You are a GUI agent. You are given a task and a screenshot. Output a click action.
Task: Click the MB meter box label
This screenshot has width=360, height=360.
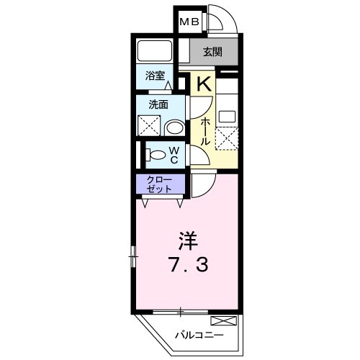tap(189, 22)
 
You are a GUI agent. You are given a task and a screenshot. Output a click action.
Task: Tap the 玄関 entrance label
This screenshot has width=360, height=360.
tap(212, 52)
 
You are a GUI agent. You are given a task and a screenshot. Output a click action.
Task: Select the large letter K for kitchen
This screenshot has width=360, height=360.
tap(204, 84)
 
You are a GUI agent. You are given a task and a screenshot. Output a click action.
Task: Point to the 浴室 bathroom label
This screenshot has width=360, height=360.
tap(155, 76)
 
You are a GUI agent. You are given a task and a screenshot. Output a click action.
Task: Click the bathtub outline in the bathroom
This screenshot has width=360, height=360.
tap(155, 51)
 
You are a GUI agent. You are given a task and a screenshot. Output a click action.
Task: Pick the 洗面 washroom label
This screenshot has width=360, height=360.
tap(158, 104)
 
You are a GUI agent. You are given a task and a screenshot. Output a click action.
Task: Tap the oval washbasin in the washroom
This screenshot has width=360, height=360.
tap(175, 127)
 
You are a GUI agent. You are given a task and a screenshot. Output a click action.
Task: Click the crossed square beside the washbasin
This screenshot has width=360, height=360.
tap(149, 126)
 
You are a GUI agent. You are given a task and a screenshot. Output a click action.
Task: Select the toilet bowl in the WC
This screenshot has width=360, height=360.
tap(156, 155)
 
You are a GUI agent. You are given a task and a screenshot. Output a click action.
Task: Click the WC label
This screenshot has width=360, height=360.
tap(174, 155)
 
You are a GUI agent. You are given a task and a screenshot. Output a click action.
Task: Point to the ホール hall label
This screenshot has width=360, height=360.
tap(205, 132)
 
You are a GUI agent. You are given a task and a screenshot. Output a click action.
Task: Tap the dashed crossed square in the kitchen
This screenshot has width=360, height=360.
tap(227, 139)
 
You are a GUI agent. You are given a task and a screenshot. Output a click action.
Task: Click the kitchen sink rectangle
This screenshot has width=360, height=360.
tap(227, 116)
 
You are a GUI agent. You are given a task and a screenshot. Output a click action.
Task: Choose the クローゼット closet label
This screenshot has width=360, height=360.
tap(159, 184)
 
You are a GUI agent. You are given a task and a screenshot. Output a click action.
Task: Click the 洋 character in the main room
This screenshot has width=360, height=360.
tap(188, 240)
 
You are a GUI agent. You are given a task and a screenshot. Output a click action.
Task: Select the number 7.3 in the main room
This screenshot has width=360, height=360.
tap(188, 264)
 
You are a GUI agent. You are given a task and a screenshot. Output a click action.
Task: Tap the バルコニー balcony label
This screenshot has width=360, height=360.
tap(199, 335)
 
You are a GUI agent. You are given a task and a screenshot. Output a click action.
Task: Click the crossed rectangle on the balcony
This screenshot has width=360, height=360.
tap(223, 321)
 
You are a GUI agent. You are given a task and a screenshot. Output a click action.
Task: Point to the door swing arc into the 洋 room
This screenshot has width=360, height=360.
tap(209, 189)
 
